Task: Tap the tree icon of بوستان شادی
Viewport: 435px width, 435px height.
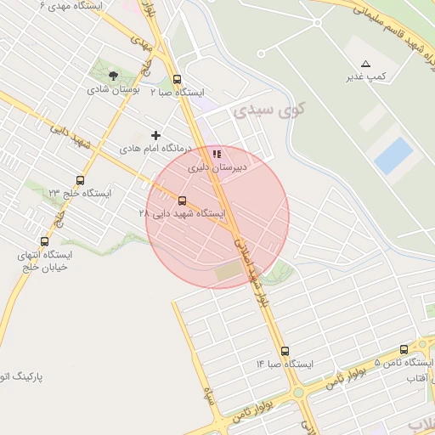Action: pyautogui.click(x=114, y=76)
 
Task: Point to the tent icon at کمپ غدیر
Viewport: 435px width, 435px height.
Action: pyautogui.click(x=366, y=64)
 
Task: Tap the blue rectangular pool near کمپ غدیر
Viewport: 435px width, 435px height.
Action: pyautogui.click(x=393, y=156)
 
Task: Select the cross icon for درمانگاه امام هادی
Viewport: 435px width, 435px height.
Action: pyautogui.click(x=155, y=134)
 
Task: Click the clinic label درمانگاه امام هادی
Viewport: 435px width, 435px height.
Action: pyautogui.click(x=155, y=148)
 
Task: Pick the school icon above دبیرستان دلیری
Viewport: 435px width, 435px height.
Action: pyautogui.click(x=217, y=155)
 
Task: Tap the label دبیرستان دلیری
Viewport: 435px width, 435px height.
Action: pyautogui.click(x=217, y=168)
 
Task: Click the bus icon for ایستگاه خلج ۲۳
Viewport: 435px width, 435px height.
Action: pyautogui.click(x=80, y=180)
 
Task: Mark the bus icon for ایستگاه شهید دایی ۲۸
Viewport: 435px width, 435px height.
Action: pyautogui.click(x=183, y=201)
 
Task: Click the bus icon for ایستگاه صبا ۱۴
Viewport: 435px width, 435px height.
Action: pyautogui.click(x=285, y=350)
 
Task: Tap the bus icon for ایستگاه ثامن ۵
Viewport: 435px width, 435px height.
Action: pyautogui.click(x=403, y=348)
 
